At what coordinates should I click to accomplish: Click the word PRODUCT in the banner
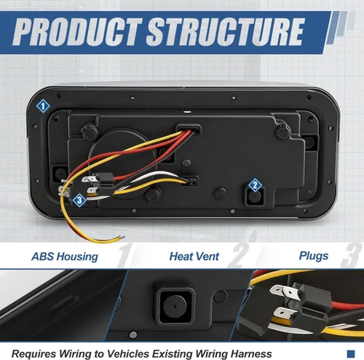(77, 31)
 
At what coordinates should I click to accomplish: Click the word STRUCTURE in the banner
(225, 31)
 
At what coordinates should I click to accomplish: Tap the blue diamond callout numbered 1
(43, 106)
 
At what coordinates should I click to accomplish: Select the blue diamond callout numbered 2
(255, 185)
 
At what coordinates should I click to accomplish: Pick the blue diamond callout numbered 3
(79, 200)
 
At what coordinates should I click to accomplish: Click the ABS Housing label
(65, 257)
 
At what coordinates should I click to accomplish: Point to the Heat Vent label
(194, 257)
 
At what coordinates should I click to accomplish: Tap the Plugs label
(314, 256)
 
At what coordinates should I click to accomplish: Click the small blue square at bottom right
(351, 353)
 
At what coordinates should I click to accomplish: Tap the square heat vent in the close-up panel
(175, 306)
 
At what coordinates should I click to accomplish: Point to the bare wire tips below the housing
(121, 238)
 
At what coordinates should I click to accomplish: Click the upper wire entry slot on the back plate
(189, 130)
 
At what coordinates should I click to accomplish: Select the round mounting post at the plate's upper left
(90, 131)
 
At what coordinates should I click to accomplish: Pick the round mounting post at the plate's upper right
(282, 131)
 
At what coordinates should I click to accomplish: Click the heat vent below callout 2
(255, 197)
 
